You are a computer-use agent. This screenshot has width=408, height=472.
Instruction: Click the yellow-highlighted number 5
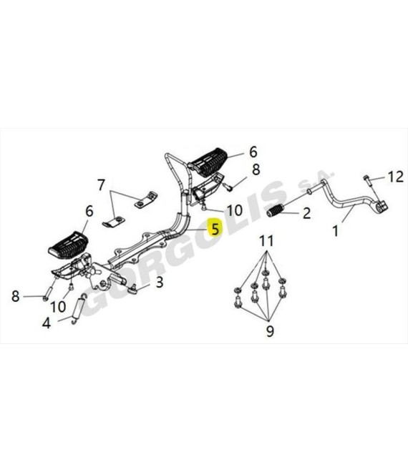pyautogui.click(x=215, y=228)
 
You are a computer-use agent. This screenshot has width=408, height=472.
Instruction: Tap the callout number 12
pyautogui.click(x=395, y=177)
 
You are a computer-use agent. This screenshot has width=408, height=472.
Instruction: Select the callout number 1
pyautogui.click(x=336, y=231)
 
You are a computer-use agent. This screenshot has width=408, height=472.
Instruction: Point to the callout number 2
pyautogui.click(x=306, y=213)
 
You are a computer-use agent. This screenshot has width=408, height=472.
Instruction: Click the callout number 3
pyautogui.click(x=159, y=282)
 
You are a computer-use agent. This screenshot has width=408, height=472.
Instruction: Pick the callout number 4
pyautogui.click(x=46, y=323)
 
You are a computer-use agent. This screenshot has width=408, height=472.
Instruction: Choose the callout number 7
pyautogui.click(x=102, y=185)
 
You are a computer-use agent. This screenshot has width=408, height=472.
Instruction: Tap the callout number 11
pyautogui.click(x=267, y=241)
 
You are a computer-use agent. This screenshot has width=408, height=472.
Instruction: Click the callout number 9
pyautogui.click(x=270, y=331)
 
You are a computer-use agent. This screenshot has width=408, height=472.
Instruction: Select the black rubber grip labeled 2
pyautogui.click(x=275, y=210)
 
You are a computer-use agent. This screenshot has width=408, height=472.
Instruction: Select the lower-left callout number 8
pyautogui.click(x=15, y=296)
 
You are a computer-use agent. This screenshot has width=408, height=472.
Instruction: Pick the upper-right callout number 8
pyautogui.click(x=256, y=169)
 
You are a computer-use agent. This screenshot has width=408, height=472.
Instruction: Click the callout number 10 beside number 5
pyautogui.click(x=235, y=210)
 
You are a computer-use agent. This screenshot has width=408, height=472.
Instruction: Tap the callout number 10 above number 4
pyautogui.click(x=58, y=307)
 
